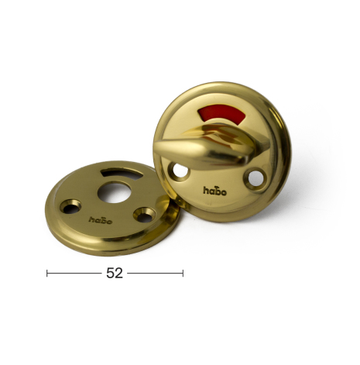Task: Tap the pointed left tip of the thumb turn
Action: pyautogui.click(x=155, y=149)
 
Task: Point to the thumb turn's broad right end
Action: pyautogui.click(x=254, y=145)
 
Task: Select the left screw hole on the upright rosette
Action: pyautogui.click(x=180, y=170)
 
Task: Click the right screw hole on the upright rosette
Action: pyautogui.click(x=255, y=177)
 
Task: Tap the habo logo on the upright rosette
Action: pyautogui.click(x=215, y=191)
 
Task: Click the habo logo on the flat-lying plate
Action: pyautogui.click(x=101, y=220)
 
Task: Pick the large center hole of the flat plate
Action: pyautogui.click(x=115, y=193)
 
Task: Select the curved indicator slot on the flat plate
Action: pyautogui.click(x=122, y=173)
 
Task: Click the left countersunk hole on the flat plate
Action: pyautogui.click(x=70, y=207)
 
